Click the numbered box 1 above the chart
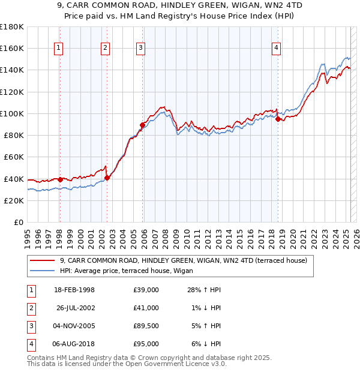[x=59, y=49]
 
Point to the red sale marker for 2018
[x=278, y=119]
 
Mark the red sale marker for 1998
[x=60, y=179]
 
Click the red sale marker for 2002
[x=107, y=178]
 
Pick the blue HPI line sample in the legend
[x=43, y=271]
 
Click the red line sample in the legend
[x=43, y=260]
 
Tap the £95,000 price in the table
[x=146, y=344]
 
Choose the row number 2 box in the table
[x=31, y=308]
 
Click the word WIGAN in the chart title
[x=236, y=5]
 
